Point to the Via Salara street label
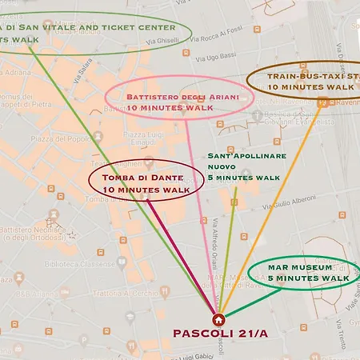click(x=78, y=71)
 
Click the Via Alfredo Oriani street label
click(x=215, y=240)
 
